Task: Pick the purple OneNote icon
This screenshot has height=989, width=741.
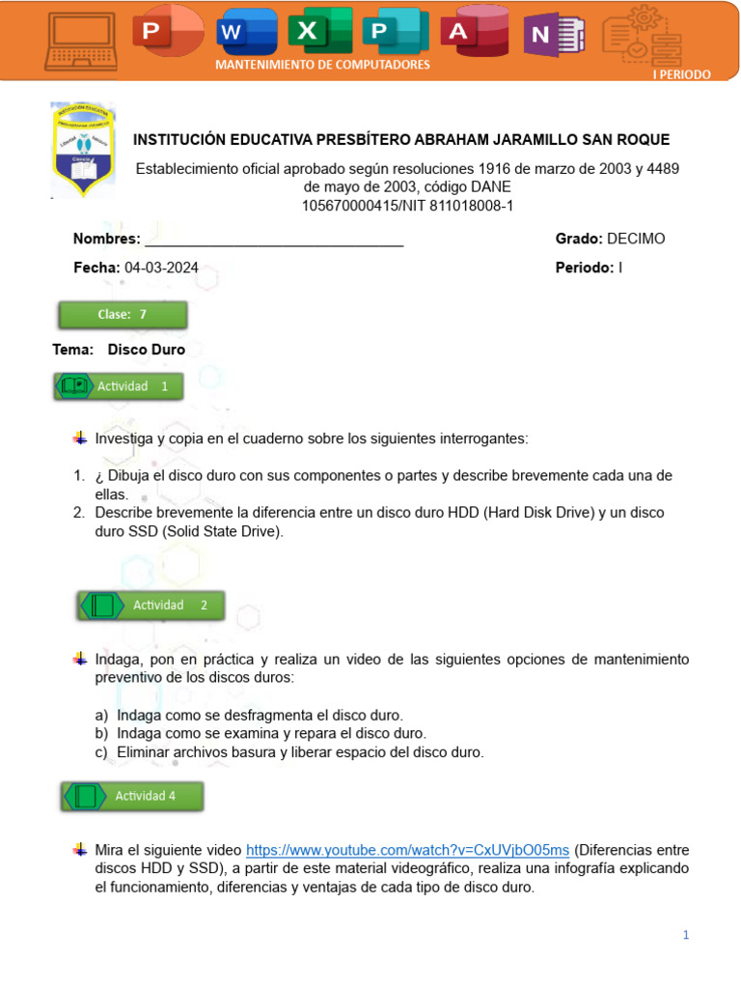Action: pos(552,36)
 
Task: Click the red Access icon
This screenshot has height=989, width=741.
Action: pos(472,33)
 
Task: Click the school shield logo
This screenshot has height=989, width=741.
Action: pos(84,150)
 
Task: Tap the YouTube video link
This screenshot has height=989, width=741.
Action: pos(407,850)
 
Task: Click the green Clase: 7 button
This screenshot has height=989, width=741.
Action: pos(123,315)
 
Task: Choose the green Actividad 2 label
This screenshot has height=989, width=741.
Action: pos(151,606)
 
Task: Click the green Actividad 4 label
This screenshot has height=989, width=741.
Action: pos(133,796)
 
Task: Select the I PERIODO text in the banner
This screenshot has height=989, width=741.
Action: pos(682,74)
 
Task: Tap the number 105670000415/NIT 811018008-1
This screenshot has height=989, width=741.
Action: pos(407,205)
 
